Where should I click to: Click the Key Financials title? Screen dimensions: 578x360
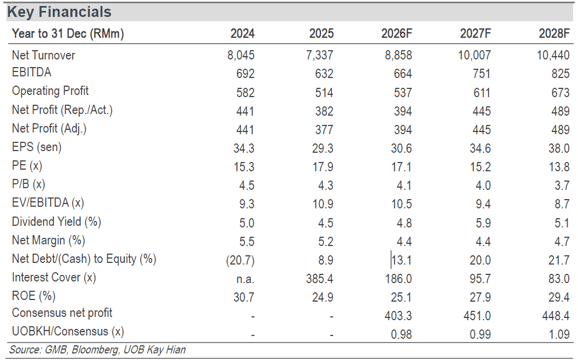coord(59,12)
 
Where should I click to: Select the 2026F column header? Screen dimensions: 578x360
coord(397,33)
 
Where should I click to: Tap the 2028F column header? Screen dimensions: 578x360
coord(554,33)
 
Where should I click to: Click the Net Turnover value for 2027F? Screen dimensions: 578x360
coord(474,55)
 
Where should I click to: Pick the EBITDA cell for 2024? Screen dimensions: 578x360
coord(246,74)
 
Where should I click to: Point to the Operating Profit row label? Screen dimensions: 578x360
coord(51,91)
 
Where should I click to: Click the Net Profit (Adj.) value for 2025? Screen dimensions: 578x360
coord(324,130)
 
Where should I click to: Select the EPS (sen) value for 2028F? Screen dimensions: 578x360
coord(559,148)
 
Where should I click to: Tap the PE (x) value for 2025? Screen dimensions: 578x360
coord(323,167)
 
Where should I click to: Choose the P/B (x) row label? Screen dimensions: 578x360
coord(28,184)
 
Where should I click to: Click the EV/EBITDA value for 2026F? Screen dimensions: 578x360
coord(402,204)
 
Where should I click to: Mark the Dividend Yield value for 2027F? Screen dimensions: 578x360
coord(483,223)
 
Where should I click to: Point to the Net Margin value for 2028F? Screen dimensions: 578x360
coord(562,241)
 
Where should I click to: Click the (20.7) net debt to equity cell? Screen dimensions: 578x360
coord(240,260)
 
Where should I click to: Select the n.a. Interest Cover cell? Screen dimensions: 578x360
coord(246,279)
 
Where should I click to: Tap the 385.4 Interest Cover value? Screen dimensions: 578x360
coord(320,279)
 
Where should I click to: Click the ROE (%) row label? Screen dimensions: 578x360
coord(33,296)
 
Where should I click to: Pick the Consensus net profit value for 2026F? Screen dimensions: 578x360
coord(398,316)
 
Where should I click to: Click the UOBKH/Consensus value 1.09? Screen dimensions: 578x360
coord(559,334)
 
